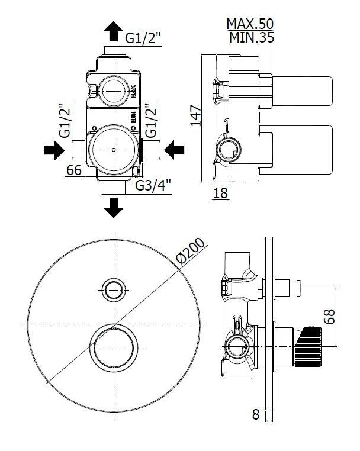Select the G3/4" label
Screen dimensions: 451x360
153,185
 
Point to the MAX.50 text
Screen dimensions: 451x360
249,24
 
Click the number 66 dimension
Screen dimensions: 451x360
73,170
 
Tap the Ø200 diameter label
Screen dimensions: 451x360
190,251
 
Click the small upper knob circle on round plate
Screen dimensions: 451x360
113,289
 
